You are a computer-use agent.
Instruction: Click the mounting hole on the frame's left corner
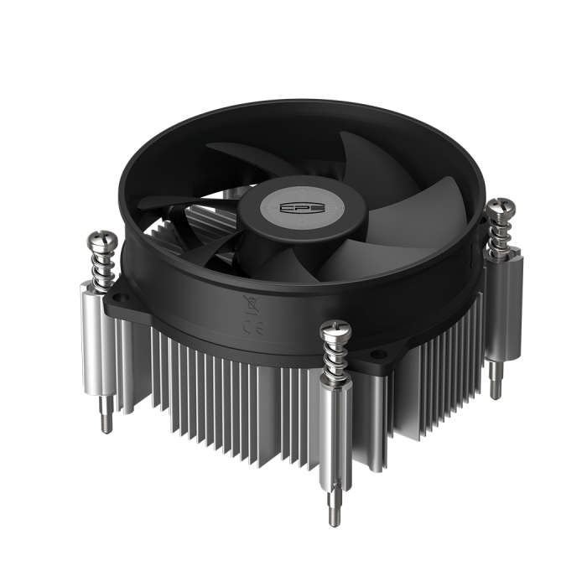[x=122, y=291]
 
